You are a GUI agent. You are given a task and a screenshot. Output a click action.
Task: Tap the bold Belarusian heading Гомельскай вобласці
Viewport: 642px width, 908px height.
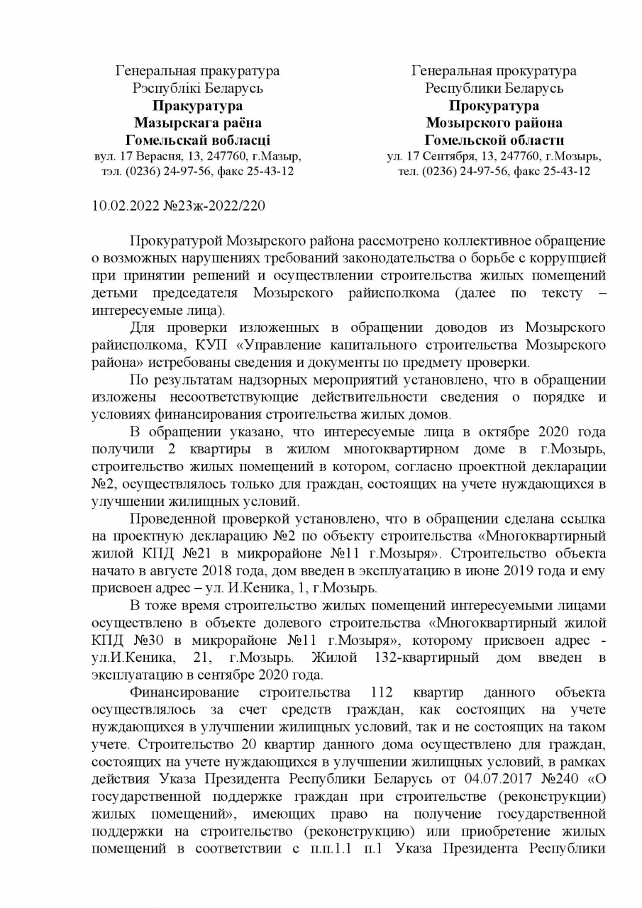coord(197,140)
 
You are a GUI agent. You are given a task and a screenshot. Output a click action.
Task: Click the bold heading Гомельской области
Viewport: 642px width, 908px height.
coord(494,140)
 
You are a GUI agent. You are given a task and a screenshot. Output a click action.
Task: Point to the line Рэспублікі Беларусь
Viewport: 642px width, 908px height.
coord(197,88)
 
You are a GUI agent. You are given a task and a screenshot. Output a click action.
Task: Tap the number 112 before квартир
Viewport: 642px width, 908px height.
coord(385,692)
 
